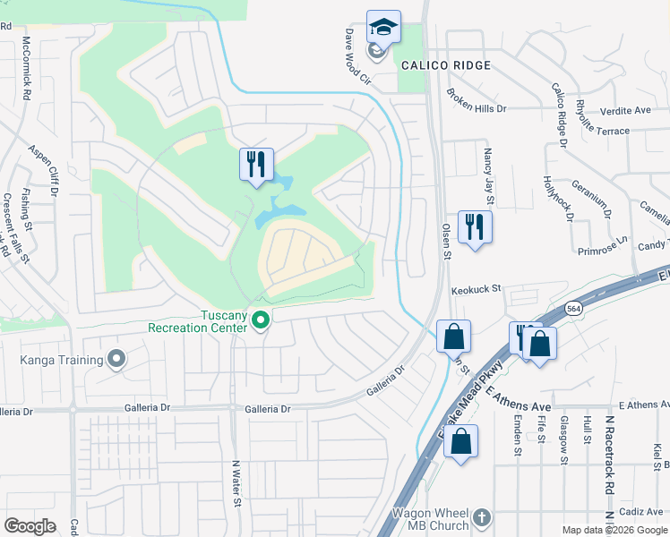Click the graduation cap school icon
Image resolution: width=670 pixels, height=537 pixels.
pos(383,27)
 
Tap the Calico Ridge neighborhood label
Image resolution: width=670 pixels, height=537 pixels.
pos(446,65)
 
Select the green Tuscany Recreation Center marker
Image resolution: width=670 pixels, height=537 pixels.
pos(261,319)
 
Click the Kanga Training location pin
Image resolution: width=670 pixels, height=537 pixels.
pos(116,360)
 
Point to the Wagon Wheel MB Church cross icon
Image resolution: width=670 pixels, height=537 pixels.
pos(482,516)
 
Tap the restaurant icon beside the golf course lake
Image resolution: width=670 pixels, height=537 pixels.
pos(256,165)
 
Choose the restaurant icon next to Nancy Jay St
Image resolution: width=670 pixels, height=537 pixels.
pos(475,226)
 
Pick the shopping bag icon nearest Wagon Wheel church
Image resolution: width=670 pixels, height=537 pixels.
pos(460,442)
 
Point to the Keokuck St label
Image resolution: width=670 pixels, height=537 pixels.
pos(476,291)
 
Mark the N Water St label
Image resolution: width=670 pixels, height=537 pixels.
pos(237,483)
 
